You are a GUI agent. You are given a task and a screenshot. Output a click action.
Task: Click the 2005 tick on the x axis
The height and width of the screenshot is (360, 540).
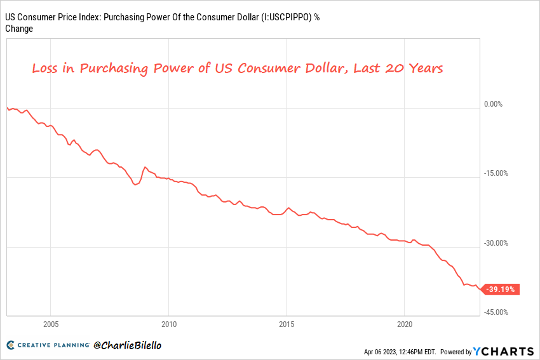click(x=51, y=324)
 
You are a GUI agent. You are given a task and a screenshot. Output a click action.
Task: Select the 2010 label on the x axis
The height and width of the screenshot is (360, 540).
click(x=168, y=324)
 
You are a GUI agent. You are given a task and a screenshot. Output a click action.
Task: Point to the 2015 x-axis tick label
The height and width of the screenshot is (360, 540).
click(x=287, y=324)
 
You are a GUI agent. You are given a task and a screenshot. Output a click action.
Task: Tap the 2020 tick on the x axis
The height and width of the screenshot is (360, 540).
click(x=405, y=324)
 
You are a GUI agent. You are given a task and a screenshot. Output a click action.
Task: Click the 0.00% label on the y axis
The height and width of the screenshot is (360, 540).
click(x=494, y=104)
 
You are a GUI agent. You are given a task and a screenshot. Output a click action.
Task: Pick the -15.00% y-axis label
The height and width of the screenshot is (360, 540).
click(x=497, y=173)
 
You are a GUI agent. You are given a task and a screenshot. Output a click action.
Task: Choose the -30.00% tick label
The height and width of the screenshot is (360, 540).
click(x=497, y=243)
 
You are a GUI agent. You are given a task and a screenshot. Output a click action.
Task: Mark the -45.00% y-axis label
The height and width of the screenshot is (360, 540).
click(x=497, y=312)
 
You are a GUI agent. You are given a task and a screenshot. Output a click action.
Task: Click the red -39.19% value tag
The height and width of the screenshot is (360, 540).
click(x=502, y=290)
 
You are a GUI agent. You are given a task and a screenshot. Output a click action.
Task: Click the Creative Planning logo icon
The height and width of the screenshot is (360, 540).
click(x=11, y=345)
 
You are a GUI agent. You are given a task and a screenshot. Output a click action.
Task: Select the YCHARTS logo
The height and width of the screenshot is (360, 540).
click(x=504, y=351)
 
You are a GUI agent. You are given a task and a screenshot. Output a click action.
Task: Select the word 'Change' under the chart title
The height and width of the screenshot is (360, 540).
click(x=19, y=29)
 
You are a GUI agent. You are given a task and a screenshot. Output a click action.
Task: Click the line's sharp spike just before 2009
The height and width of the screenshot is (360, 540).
click(x=145, y=167)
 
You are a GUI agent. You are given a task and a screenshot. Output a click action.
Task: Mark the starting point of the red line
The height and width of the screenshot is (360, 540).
click(x=6, y=107)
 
